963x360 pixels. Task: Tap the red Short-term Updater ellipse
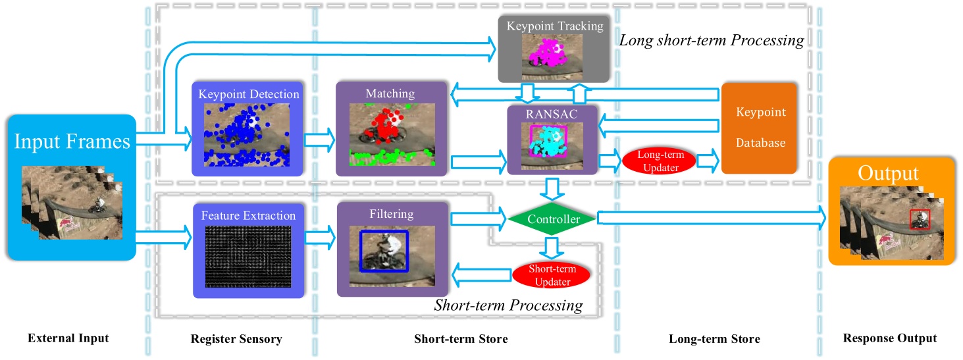544,275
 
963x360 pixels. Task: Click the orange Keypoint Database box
759,128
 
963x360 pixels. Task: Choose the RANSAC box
552,140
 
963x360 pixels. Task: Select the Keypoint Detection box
247,129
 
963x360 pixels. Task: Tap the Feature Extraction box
248,250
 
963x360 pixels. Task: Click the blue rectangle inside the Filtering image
384,251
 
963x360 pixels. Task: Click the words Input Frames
71,142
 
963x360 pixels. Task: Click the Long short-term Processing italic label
712,41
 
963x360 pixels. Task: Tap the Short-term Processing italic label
509,305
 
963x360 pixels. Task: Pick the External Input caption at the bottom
68,339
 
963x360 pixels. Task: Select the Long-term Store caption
714,339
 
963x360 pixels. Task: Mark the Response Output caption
889,339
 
